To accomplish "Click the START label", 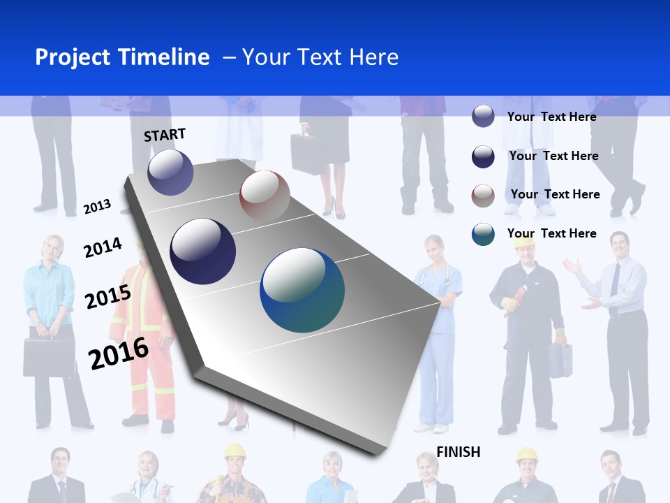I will pyautogui.click(x=165, y=134).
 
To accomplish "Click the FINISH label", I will pyautogui.click(x=459, y=452).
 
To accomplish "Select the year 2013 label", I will pyautogui.click(x=97, y=206).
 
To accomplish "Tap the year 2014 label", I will pyautogui.click(x=103, y=247).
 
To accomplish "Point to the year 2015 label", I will pyautogui.click(x=108, y=297).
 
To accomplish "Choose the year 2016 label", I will pyautogui.click(x=119, y=353).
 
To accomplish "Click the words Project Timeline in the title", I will pyautogui.click(x=122, y=57).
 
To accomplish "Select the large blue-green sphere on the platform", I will pyautogui.click(x=302, y=290).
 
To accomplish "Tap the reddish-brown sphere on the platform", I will pyautogui.click(x=265, y=196).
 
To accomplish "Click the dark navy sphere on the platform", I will pyautogui.click(x=203, y=251).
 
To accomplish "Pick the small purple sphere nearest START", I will pyautogui.click(x=170, y=172).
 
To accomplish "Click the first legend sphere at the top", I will pyautogui.click(x=483, y=117).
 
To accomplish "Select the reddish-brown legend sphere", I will pyautogui.click(x=483, y=195).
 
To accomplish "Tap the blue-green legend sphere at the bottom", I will pyautogui.click(x=483, y=234).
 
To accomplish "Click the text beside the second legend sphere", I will pyautogui.click(x=553, y=156).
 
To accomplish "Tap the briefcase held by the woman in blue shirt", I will pyautogui.click(x=49, y=357).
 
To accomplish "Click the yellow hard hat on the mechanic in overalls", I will pyautogui.click(x=524, y=242).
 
